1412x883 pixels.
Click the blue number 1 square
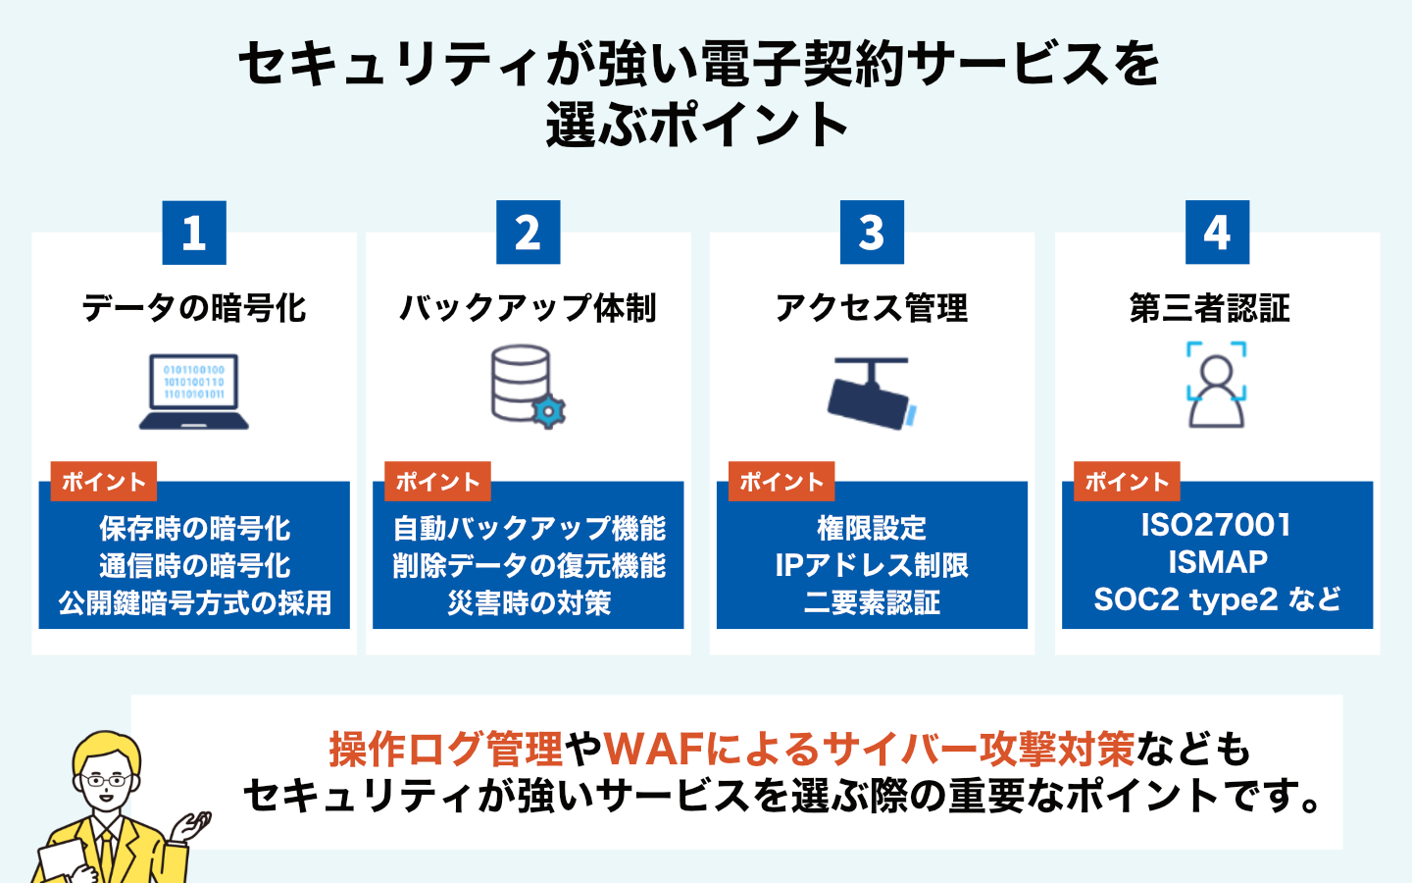194,233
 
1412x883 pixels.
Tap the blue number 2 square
529,233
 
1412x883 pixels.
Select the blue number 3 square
872,233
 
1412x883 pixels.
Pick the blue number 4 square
1217,233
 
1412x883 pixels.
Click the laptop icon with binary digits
194,391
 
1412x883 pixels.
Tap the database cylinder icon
521,383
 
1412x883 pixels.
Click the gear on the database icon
548,412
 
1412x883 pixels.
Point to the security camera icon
872,393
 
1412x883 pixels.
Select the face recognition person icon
1217,386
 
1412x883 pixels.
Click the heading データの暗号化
194,308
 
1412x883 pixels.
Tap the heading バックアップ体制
529,308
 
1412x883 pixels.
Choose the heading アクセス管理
872,308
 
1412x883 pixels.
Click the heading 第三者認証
1210,308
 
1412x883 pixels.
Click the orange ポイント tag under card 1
104,482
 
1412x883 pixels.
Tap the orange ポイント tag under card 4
1127,482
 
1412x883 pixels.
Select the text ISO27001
1217,526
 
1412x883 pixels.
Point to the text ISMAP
1218,562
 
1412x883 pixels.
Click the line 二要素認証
872,602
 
